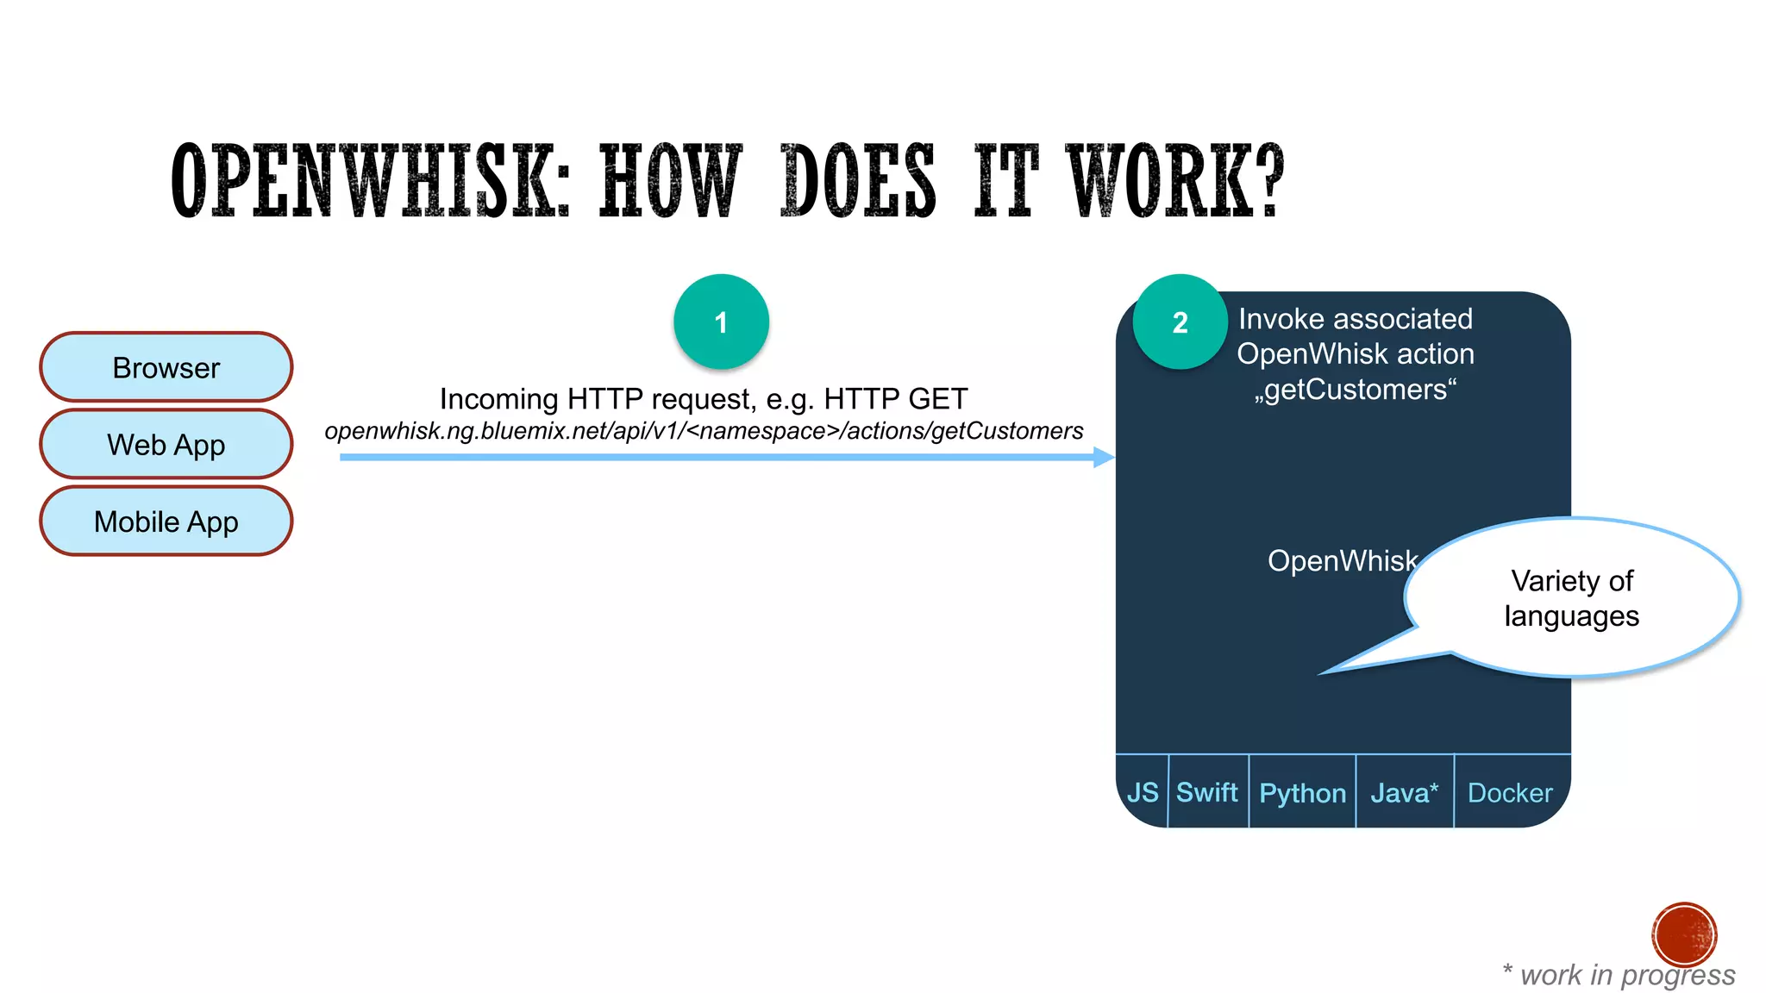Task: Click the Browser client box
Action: tap(166, 368)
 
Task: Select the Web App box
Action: tap(166, 445)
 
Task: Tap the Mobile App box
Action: tap(166, 521)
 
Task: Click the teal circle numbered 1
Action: tap(721, 322)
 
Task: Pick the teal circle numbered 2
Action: tap(1180, 322)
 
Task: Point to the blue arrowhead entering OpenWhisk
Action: tap(1104, 457)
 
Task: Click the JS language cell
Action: tap(1143, 792)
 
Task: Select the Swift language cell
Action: tap(1207, 792)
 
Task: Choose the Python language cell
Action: tap(1302, 792)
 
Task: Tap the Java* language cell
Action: tap(1405, 792)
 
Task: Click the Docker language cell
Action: tap(1511, 792)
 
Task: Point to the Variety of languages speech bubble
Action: tap(1571, 598)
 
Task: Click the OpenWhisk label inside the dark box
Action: tap(1342, 561)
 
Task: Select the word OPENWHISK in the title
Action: tap(371, 182)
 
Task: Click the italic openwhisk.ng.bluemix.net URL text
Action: tap(704, 431)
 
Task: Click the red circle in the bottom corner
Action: tap(1684, 934)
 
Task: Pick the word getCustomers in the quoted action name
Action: tap(1356, 390)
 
